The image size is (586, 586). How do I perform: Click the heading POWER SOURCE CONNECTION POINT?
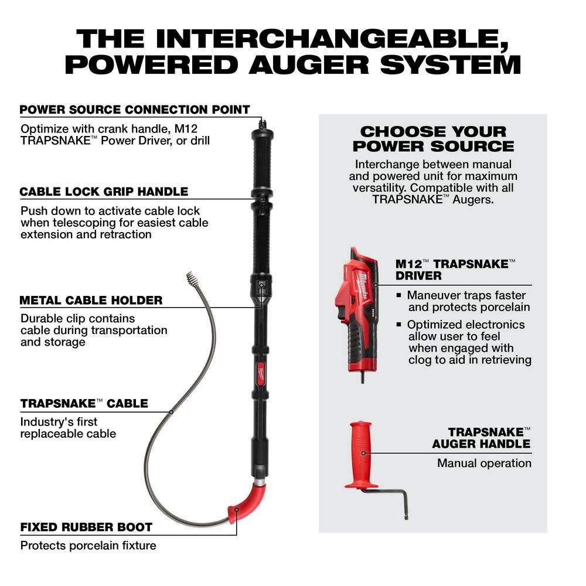coord(135,110)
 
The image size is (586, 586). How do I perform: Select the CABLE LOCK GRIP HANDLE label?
coord(104,192)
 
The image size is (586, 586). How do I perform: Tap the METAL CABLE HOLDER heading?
coord(91,300)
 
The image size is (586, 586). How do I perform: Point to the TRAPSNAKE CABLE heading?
coord(84,403)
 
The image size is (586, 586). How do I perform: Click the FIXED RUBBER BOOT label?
coord(86,527)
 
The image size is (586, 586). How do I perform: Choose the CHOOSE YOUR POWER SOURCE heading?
coord(433,139)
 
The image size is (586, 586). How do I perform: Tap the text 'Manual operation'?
coord(484,463)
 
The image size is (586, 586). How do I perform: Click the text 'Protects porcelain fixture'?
coord(88,546)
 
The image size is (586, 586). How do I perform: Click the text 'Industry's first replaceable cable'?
coord(68,428)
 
